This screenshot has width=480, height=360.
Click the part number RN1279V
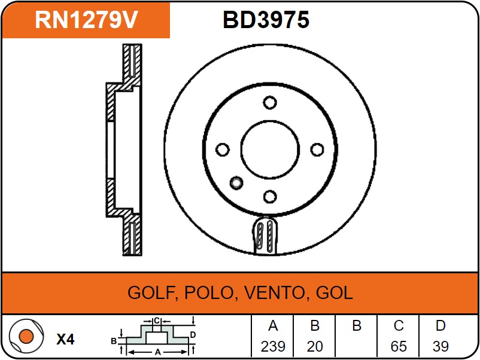(x=86, y=20)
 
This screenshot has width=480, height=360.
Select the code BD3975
(x=266, y=20)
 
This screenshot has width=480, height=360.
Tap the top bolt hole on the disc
(x=270, y=102)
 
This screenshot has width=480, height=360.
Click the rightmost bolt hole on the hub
(x=317, y=150)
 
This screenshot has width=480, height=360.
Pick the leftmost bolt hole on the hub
(x=223, y=150)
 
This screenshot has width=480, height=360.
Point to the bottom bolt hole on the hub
(x=270, y=197)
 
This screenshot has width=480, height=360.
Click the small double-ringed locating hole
(x=236, y=183)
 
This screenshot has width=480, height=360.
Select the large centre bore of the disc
(x=270, y=150)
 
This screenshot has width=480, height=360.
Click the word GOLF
(x=151, y=292)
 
